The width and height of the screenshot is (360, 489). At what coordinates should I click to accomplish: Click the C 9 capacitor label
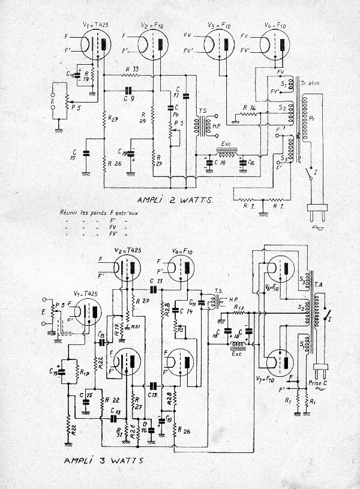click(x=128, y=97)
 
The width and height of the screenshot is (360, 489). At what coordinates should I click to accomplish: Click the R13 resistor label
click(x=239, y=307)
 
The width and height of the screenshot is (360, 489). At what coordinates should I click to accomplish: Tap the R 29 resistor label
click(x=143, y=117)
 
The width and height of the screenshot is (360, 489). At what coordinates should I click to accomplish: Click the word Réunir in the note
click(x=70, y=212)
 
